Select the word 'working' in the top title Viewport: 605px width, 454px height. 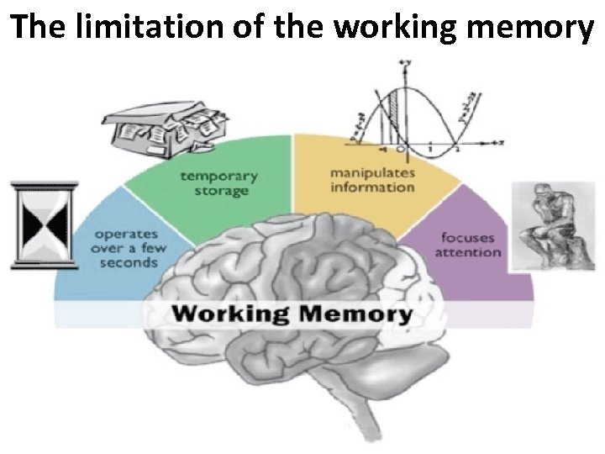point(389,28)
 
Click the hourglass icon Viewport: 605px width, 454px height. point(44,225)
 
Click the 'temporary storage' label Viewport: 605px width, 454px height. point(218,184)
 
